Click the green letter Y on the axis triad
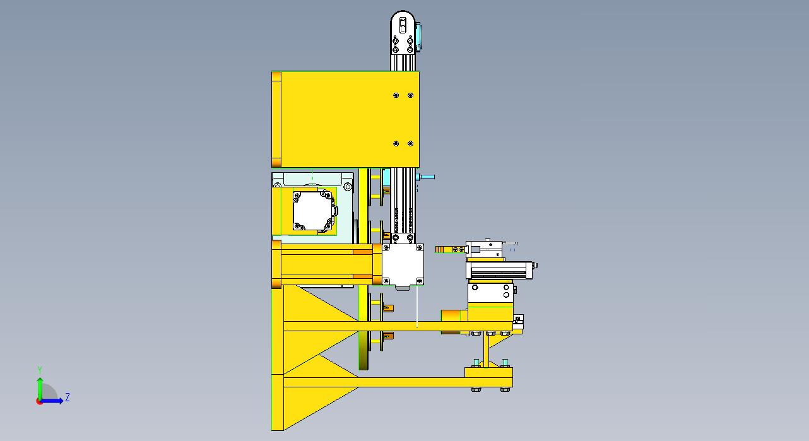(40, 370)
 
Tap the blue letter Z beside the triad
(67, 397)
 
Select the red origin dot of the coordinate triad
(39, 401)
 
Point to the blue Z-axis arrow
(51, 401)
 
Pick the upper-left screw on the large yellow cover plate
(396, 95)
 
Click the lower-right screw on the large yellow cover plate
(410, 143)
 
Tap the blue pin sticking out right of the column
(425, 177)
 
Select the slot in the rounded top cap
(403, 25)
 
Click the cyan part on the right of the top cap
(419, 37)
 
